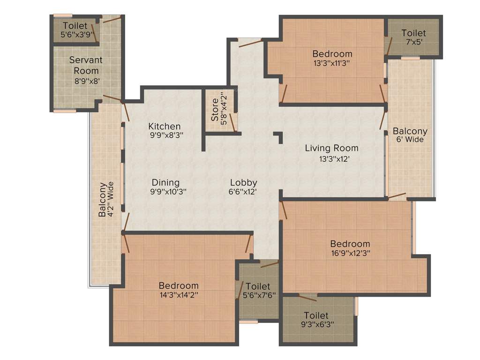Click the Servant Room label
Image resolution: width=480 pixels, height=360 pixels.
tap(86, 65)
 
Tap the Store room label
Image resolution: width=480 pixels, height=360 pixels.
tap(215, 109)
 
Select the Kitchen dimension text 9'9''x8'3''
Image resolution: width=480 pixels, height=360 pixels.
tap(165, 135)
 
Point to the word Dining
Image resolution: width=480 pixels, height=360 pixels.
tap(165, 182)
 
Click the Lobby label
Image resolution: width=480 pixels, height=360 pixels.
tap(243, 182)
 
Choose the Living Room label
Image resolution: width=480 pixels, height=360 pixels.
tap(331, 148)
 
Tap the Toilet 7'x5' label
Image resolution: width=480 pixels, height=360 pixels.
tap(413, 37)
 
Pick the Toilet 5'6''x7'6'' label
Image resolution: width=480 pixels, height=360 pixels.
tap(258, 290)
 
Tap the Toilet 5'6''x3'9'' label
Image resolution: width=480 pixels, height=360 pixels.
tap(75, 30)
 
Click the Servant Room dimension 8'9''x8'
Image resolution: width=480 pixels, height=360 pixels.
tap(86, 81)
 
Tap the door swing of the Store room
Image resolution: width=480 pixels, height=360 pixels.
tap(232, 122)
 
